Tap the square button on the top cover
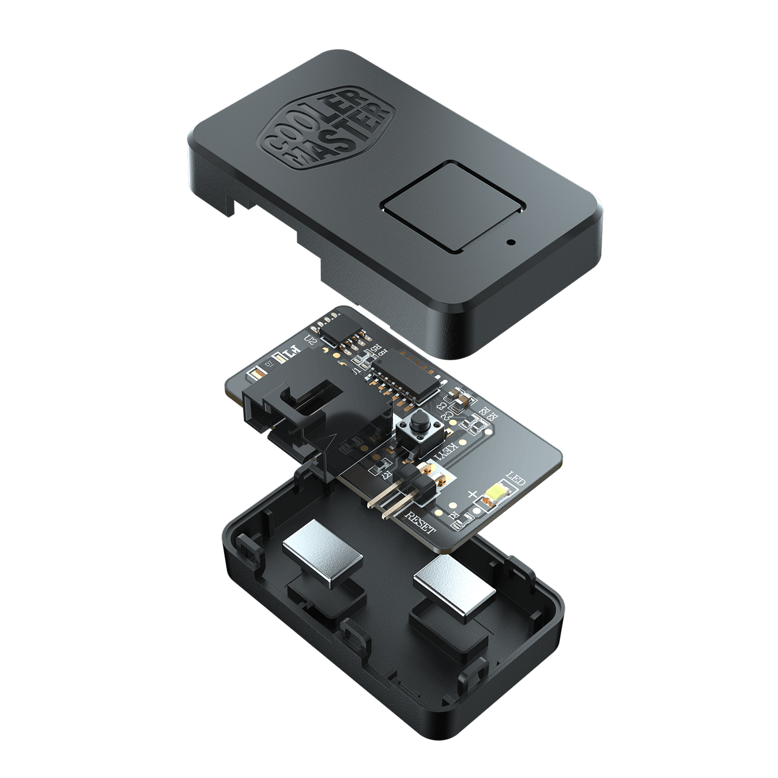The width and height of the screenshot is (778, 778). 453,207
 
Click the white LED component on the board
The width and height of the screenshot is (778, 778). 496,494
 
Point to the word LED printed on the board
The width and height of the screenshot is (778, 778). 515,479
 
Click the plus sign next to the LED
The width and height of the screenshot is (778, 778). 473,493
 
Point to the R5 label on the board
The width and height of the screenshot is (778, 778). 375,349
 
